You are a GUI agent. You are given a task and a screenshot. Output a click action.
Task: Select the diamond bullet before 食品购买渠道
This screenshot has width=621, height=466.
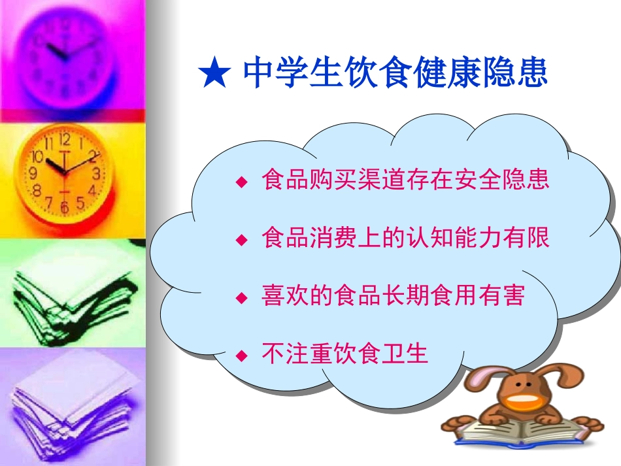point(242,181)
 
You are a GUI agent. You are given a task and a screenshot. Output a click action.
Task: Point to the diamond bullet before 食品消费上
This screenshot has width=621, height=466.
point(242,239)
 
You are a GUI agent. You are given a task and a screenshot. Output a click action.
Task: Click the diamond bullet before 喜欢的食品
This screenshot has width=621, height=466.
point(242,298)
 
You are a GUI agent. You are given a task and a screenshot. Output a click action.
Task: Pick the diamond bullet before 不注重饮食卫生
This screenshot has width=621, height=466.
point(242,356)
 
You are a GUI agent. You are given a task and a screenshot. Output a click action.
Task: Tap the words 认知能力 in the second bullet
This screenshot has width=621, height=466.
point(435,238)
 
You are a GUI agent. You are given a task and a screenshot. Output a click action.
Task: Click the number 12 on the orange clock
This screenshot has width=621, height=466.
point(64,139)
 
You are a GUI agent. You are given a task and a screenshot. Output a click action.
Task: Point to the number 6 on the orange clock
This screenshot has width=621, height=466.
point(64,207)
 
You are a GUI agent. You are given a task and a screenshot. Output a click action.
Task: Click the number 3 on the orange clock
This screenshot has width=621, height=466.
point(96,174)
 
